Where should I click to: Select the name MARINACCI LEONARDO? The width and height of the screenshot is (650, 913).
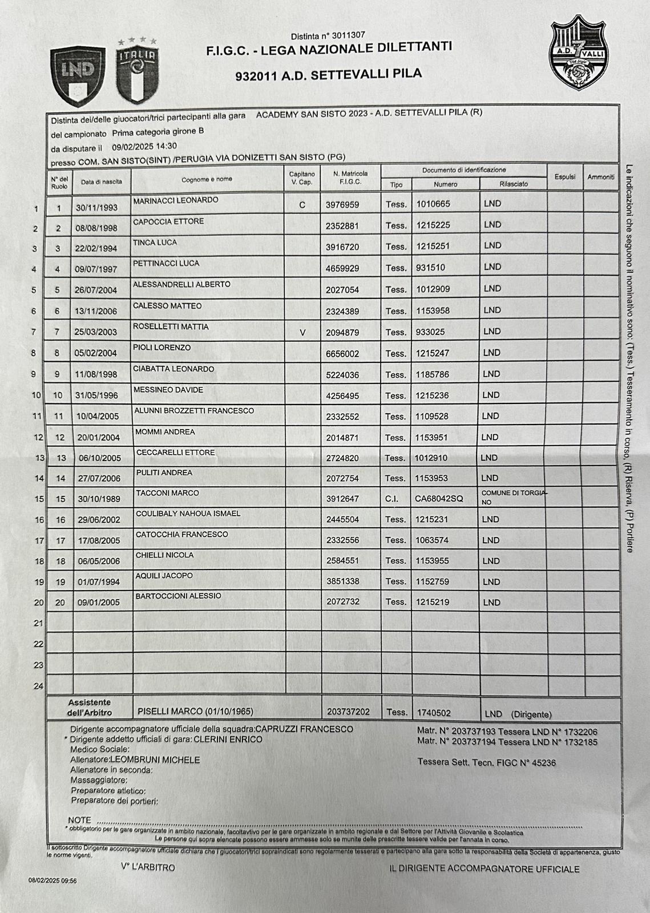click(176, 200)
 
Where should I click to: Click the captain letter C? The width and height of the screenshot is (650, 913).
click(302, 205)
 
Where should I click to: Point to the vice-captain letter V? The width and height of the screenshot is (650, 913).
click(302, 332)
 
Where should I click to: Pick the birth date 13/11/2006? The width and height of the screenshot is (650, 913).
click(96, 311)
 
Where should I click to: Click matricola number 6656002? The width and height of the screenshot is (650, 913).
click(342, 354)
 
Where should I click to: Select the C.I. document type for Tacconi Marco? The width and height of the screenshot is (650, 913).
click(391, 499)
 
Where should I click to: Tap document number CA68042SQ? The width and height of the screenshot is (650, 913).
click(439, 499)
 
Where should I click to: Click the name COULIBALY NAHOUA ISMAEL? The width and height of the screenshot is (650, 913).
click(188, 514)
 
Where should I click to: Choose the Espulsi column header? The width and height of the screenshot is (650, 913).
click(564, 177)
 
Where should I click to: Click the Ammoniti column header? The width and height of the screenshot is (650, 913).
click(600, 177)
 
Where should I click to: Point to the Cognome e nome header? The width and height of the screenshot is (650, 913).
click(207, 179)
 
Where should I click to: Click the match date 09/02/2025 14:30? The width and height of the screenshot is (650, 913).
click(144, 146)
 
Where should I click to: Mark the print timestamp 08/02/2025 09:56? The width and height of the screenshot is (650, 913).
click(53, 880)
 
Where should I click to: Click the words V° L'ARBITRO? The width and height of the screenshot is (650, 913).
click(148, 867)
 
